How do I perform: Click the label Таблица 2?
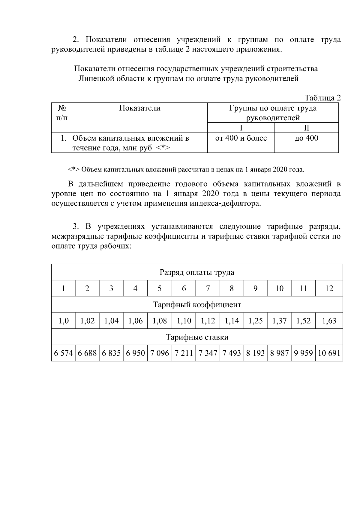pos(322,98)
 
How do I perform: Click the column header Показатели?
pos(139,108)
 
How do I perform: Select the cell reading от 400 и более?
pos(241,138)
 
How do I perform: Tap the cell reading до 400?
pos(306,138)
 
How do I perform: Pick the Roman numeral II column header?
pos(306,128)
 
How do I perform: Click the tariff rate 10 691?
pos(329,353)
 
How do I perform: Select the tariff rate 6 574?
pos(63,353)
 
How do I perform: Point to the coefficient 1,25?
pos(255,321)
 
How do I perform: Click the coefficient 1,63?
pos(329,321)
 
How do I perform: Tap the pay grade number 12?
pos(329,289)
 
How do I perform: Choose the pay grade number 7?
pos(208,289)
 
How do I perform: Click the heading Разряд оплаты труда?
pos(197,272)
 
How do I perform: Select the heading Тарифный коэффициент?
pos(197,305)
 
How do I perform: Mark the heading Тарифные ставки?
pos(197,337)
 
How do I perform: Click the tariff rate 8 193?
pos(255,353)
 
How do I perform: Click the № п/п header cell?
pos(62,113)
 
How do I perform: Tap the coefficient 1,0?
pos(63,321)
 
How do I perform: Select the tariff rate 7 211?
pos(184,353)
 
